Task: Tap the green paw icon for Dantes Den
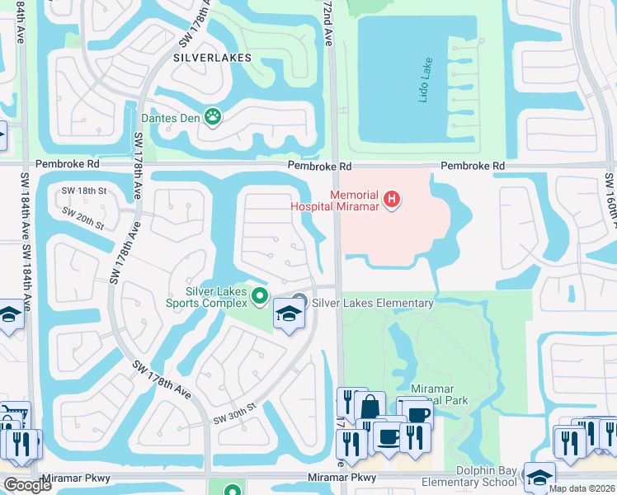[214, 117]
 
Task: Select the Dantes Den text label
[171, 118]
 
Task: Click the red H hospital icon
[393, 200]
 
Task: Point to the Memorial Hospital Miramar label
[335, 200]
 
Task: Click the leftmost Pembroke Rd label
[71, 164]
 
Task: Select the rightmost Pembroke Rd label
[472, 166]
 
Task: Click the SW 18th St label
[85, 191]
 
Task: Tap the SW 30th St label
[235, 412]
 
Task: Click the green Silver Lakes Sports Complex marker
[261, 295]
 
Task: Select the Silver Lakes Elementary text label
[372, 303]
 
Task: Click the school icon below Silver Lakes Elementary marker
[289, 313]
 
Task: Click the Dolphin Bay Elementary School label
[469, 477]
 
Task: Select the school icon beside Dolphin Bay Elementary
[539, 477]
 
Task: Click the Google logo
[27, 485]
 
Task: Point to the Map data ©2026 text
[581, 488]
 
